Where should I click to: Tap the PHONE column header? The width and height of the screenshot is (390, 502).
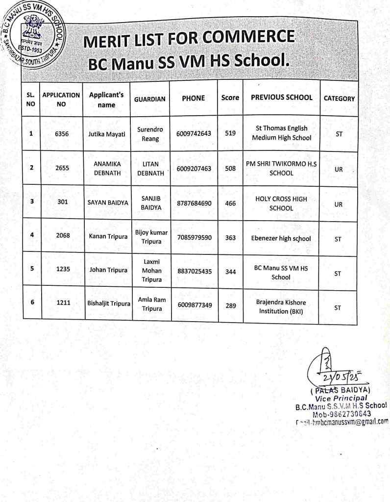(193, 98)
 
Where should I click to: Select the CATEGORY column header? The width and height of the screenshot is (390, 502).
(339, 99)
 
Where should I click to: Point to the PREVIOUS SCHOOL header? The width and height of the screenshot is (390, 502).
(281, 98)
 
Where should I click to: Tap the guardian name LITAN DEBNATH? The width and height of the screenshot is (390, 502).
(151, 168)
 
